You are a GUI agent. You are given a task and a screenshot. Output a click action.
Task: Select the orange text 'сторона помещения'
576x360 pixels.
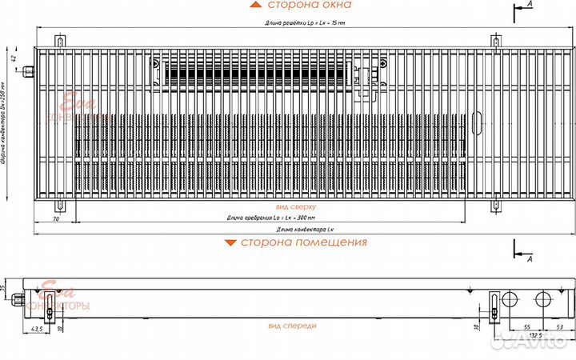pos(304,242)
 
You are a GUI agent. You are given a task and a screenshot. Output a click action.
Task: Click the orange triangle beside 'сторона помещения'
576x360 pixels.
pos(230,242)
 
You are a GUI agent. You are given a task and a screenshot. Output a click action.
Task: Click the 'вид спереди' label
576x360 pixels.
pos(292,326)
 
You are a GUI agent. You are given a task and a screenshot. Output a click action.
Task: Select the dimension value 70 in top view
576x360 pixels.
pos(56,218)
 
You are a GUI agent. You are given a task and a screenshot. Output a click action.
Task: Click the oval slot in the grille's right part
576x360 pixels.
pos(478,119)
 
